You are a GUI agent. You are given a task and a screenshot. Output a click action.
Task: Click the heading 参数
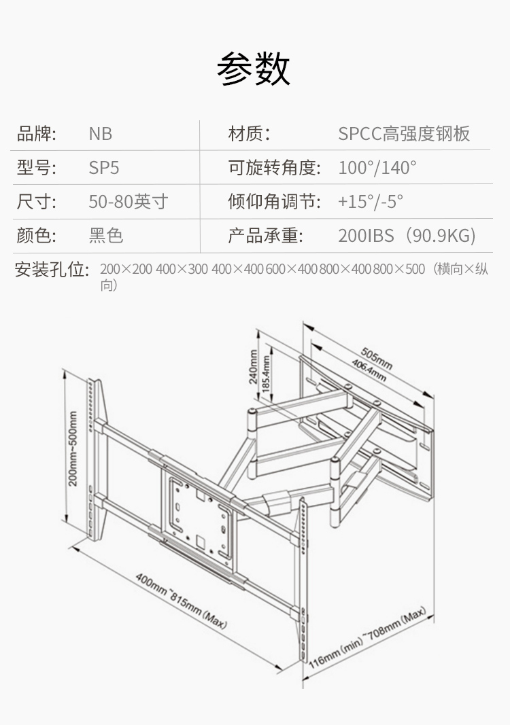tap(254, 69)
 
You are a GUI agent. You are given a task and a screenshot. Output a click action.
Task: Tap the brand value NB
tap(101, 134)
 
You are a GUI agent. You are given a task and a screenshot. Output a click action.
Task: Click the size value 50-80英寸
tap(128, 202)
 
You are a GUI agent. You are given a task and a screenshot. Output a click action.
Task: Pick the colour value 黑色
tap(106, 236)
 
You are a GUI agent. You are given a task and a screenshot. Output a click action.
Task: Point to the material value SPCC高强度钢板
tap(404, 134)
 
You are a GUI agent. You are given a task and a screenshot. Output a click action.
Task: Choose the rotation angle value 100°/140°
tap(377, 168)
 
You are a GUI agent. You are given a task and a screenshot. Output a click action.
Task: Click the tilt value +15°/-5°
tap(371, 202)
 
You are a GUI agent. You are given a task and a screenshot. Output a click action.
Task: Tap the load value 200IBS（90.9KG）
tap(407, 236)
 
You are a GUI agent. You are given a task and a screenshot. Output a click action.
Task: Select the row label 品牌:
tap(36, 134)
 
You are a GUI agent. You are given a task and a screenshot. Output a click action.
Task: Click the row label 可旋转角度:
tap(273, 168)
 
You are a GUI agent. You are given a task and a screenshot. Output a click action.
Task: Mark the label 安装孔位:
tap(52, 270)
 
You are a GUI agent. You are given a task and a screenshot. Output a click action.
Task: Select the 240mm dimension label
tap(254, 367)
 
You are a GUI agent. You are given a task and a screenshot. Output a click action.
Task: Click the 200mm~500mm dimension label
tap(73, 448)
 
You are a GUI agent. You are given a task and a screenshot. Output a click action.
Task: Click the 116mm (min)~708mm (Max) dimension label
tap(369, 639)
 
